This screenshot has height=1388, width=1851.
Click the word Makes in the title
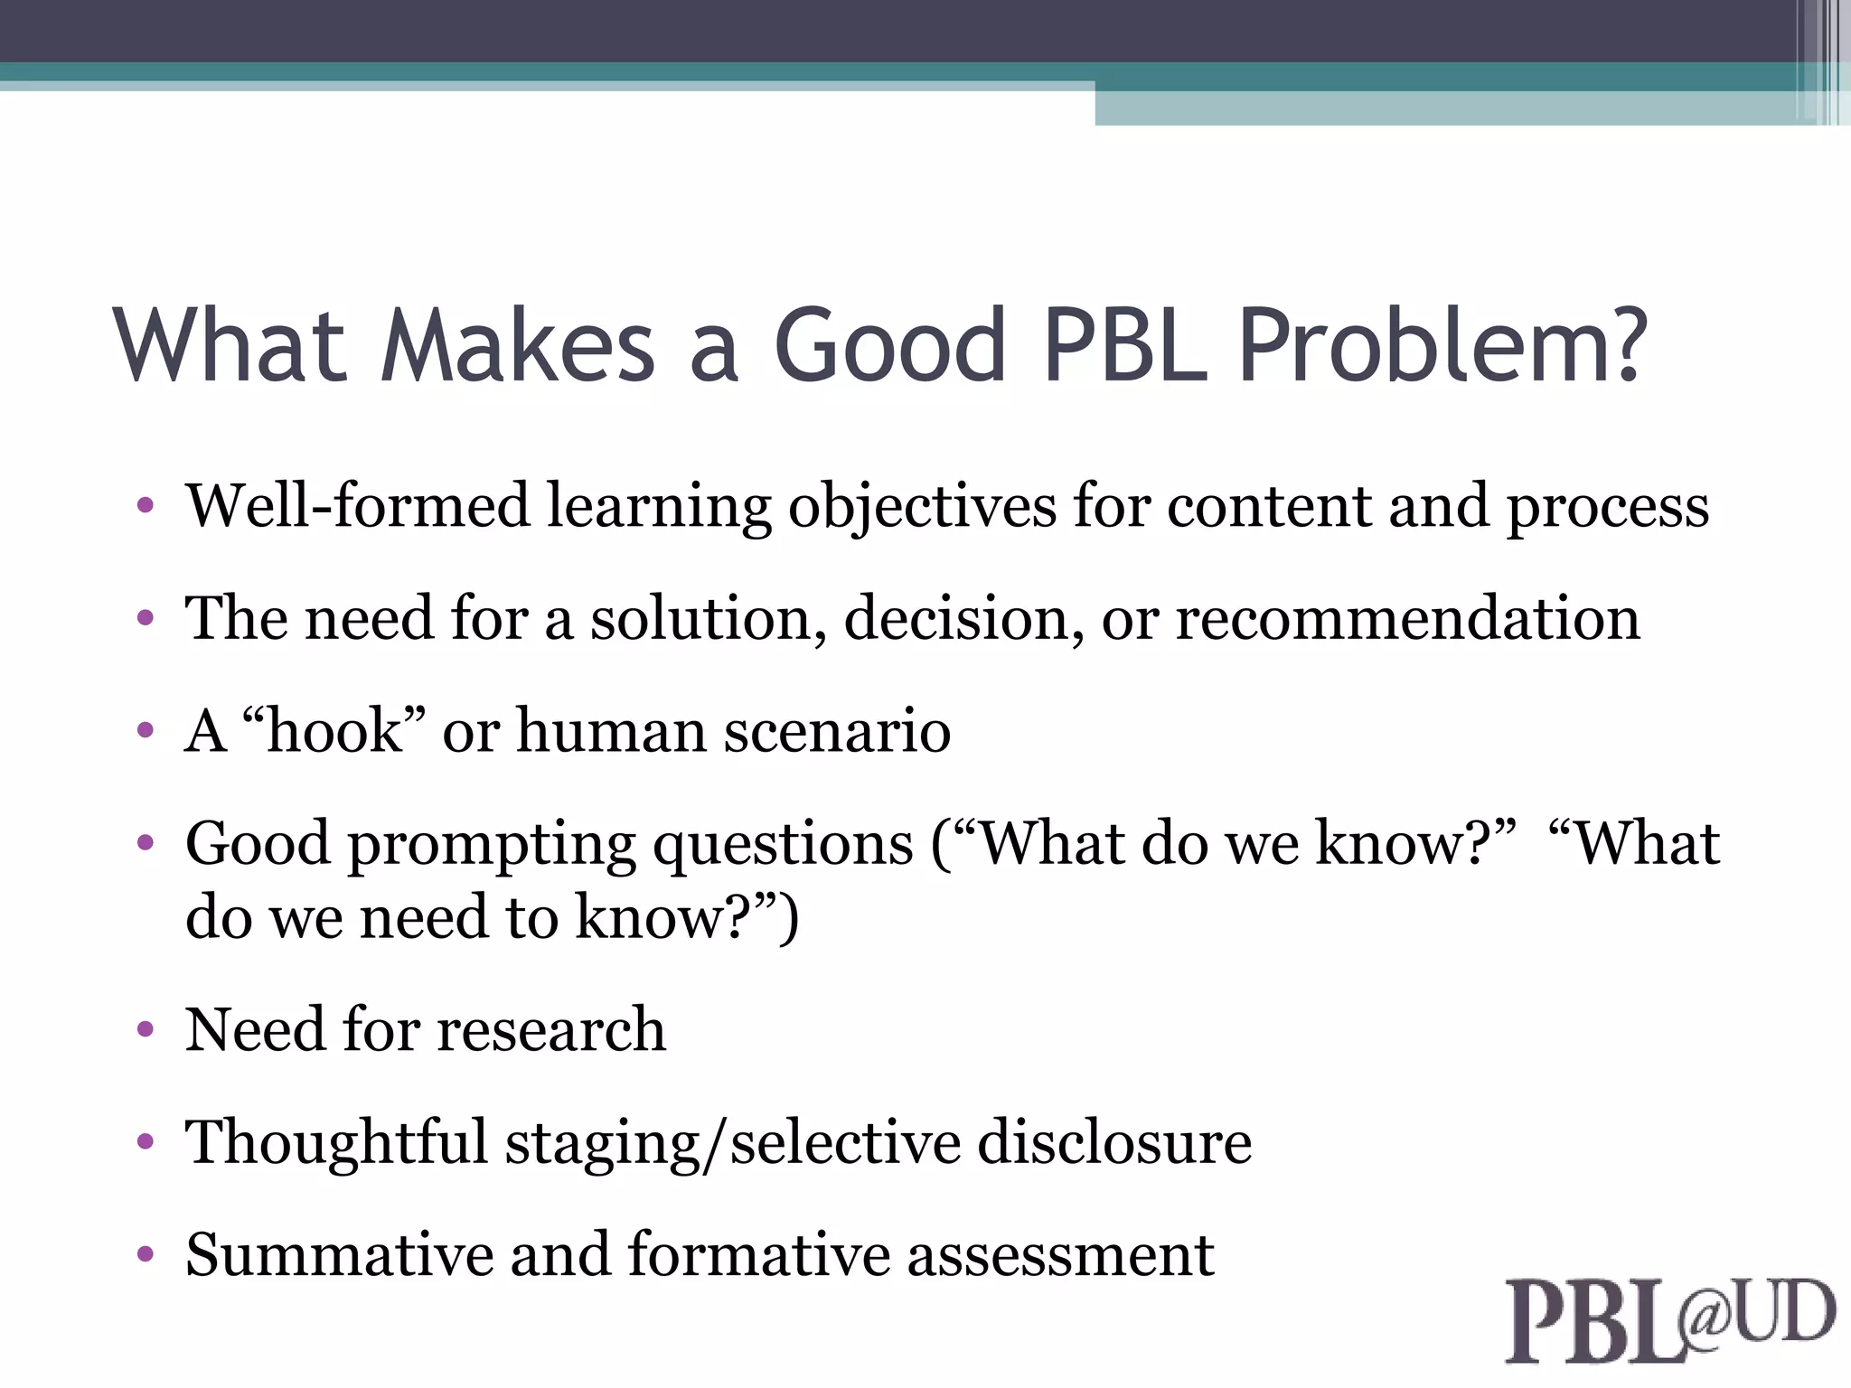coord(518,345)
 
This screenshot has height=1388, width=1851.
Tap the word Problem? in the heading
coord(1442,345)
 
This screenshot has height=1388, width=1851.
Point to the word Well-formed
coord(357,505)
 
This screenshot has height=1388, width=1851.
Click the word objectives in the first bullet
coord(922,507)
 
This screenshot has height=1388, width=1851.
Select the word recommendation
coord(1407,619)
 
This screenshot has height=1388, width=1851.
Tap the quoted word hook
coord(334,730)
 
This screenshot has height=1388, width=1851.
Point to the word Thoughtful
coord(336,1142)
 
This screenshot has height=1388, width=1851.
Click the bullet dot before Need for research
coord(146,1029)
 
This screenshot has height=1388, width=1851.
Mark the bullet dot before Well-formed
coord(146,505)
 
